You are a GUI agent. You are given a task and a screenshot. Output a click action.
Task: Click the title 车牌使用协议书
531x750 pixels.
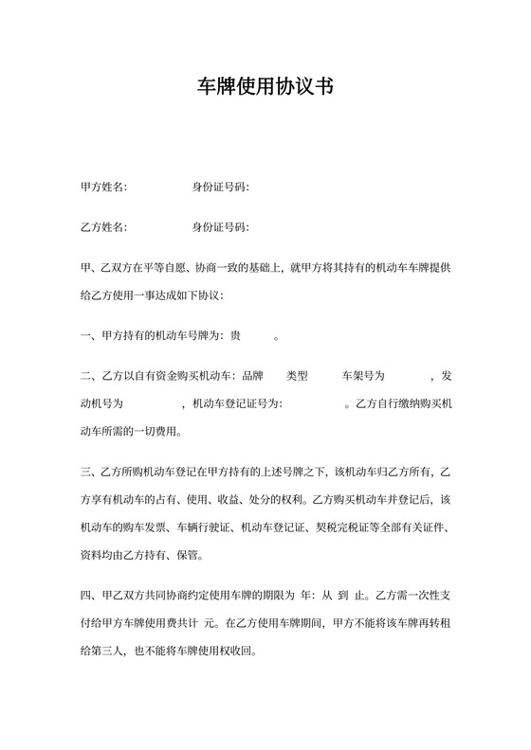(x=265, y=87)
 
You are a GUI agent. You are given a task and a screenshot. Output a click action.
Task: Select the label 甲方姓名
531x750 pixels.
(x=103, y=187)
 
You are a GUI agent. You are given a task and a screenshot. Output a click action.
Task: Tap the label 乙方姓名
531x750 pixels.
(x=103, y=227)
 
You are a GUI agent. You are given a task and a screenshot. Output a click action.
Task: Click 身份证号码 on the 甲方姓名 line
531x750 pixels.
(x=219, y=187)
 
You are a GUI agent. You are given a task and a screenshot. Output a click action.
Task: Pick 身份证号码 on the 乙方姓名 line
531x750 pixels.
(x=219, y=227)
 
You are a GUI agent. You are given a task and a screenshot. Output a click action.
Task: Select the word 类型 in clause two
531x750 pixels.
(x=297, y=376)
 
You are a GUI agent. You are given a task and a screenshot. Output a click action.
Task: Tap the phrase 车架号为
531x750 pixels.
(x=351, y=376)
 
